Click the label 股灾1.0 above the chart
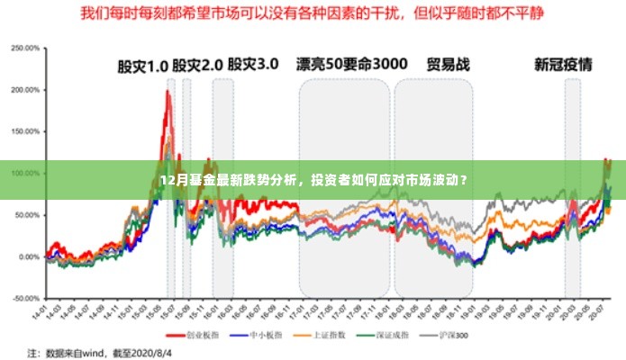point(143,66)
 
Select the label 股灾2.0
point(197,66)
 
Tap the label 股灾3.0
point(253,65)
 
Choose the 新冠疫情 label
point(563,65)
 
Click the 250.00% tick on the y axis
point(25,48)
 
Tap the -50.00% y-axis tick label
point(25,298)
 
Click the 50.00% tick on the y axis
point(26,215)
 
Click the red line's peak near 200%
point(168,91)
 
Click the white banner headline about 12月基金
point(313,180)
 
